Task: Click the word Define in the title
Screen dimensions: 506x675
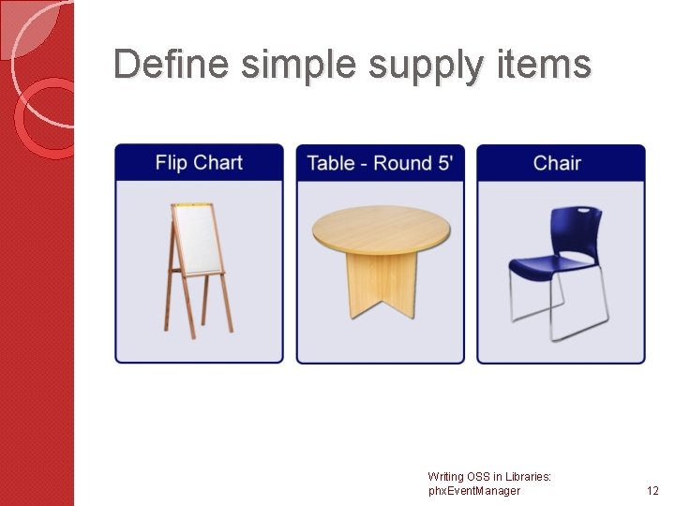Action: click(172, 65)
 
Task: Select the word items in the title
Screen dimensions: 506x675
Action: click(547, 65)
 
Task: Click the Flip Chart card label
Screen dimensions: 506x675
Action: click(199, 163)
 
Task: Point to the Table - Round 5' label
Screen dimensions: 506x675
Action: click(380, 163)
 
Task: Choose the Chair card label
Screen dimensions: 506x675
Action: click(557, 163)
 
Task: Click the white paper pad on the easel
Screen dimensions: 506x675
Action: click(196, 239)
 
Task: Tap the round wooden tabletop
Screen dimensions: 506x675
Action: click(381, 230)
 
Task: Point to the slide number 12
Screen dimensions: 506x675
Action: click(652, 491)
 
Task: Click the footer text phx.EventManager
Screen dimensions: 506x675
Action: click(473, 491)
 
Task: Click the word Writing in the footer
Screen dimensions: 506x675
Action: click(445, 477)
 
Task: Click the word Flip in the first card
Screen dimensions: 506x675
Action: click(171, 163)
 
